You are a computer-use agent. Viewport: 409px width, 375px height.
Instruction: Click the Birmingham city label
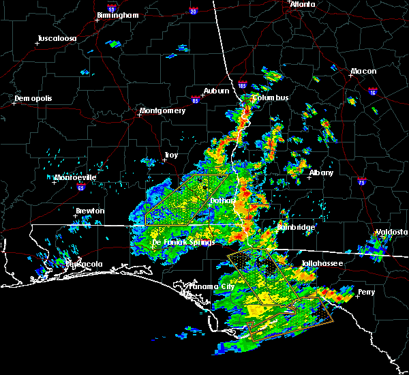click(118, 14)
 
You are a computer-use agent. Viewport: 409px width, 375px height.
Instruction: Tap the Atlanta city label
click(302, 4)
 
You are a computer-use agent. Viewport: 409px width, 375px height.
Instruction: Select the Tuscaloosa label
click(57, 38)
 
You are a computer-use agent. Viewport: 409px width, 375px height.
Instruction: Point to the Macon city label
click(363, 71)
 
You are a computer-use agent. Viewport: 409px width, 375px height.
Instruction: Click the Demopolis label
click(33, 98)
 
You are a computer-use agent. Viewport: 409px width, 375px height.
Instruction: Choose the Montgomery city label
click(162, 110)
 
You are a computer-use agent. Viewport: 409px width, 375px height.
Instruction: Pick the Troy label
click(170, 155)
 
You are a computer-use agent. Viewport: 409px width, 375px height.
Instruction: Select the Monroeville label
click(76, 177)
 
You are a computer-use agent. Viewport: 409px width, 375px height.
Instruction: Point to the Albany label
click(321, 172)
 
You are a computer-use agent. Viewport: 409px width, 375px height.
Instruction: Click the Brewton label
click(90, 211)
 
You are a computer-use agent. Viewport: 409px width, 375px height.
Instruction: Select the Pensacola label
click(83, 264)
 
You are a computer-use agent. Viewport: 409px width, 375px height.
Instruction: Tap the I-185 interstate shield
click(242, 86)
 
